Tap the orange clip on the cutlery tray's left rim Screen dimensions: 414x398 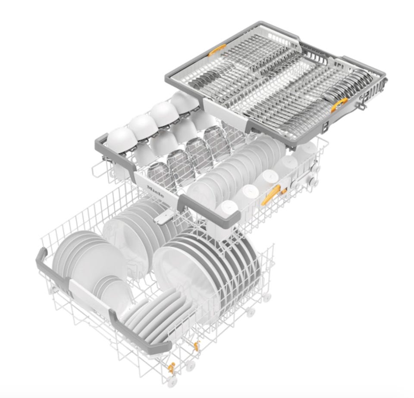coord(217,50)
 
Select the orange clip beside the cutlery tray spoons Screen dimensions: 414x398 coord(339,104)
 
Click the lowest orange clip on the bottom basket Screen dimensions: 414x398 coord(172,368)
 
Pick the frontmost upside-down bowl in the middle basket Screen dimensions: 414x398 coord(122,140)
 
